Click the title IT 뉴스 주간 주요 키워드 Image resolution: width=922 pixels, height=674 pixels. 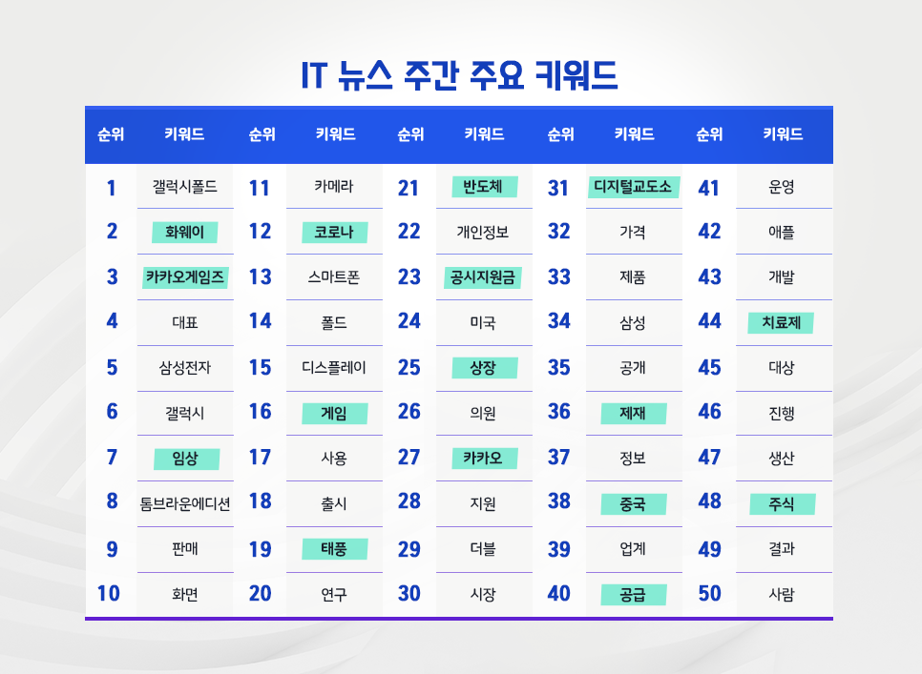(x=459, y=74)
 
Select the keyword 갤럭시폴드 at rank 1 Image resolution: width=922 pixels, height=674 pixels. (x=185, y=187)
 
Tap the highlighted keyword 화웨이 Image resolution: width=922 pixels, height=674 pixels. (x=185, y=232)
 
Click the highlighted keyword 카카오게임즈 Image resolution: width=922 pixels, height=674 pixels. (x=185, y=277)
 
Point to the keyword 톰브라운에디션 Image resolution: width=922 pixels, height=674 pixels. (x=185, y=503)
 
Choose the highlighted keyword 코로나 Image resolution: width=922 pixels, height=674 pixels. (x=334, y=232)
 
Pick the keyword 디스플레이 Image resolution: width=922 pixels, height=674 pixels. (x=334, y=367)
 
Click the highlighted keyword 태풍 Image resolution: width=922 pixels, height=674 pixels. (x=334, y=549)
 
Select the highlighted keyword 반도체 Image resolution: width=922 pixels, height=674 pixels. (x=483, y=187)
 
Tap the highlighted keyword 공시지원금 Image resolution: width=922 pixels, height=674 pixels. (x=483, y=277)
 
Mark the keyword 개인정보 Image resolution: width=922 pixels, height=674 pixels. (x=483, y=232)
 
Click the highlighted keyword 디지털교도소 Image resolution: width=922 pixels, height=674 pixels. (x=633, y=187)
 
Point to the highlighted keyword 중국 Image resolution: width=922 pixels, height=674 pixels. (x=633, y=503)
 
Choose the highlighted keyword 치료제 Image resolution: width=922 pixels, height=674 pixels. (x=781, y=322)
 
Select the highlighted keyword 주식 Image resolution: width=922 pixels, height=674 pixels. (x=781, y=503)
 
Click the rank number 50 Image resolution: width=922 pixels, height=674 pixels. (x=709, y=594)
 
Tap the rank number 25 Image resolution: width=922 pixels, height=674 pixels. (x=409, y=367)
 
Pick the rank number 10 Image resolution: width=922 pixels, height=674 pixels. (x=109, y=594)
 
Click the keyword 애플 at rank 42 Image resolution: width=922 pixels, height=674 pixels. (x=781, y=232)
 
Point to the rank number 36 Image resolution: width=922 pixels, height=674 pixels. (x=559, y=412)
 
